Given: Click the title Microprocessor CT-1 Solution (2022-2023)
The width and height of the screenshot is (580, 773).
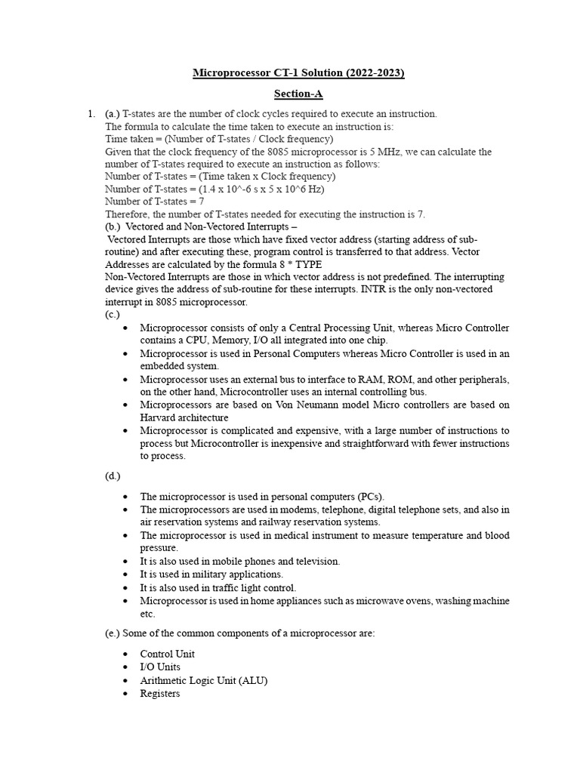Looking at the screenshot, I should click(x=299, y=73).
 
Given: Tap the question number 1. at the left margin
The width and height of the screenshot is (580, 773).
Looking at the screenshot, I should click(x=91, y=114).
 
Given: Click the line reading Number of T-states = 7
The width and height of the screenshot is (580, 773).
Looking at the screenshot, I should click(x=155, y=202).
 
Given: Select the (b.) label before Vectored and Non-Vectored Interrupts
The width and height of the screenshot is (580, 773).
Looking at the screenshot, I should click(x=113, y=226).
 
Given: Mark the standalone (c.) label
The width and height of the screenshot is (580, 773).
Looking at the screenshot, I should click(x=113, y=314).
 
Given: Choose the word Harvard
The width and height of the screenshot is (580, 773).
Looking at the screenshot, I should click(x=160, y=417).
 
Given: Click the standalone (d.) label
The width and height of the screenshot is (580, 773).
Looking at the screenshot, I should click(x=113, y=476).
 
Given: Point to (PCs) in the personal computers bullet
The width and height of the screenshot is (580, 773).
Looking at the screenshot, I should click(x=369, y=497).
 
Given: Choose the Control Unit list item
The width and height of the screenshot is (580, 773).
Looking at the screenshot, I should click(x=167, y=654).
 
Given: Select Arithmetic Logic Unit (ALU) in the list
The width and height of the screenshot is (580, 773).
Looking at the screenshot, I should click(x=204, y=680).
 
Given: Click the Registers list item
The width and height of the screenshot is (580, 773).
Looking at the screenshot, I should click(x=160, y=693).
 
